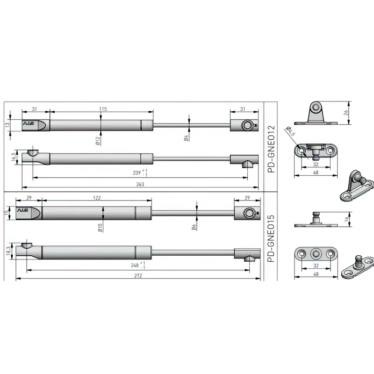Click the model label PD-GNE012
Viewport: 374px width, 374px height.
click(x=272, y=149)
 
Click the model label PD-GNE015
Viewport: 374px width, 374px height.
click(x=272, y=238)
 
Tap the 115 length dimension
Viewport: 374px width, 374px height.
click(x=103, y=109)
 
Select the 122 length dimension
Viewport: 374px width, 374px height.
click(x=97, y=198)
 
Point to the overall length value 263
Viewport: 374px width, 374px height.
click(x=140, y=184)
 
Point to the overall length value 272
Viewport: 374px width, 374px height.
click(x=138, y=276)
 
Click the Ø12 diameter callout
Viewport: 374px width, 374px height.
click(x=98, y=141)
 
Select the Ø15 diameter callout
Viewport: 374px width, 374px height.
click(x=100, y=228)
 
